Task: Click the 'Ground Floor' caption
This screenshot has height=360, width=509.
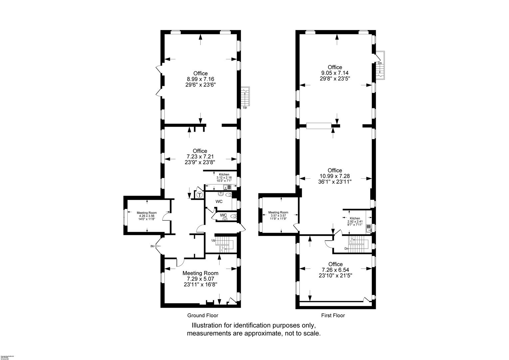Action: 203,315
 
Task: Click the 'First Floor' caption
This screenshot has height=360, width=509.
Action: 333,315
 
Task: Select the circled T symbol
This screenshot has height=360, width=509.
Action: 200,195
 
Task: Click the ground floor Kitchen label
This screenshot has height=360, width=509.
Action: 224,175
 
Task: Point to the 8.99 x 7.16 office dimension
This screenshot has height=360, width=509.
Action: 200,79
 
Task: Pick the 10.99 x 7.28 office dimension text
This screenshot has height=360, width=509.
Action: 335,176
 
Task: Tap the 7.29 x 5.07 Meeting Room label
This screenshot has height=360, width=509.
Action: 200,279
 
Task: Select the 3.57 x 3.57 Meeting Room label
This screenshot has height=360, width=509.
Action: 278,216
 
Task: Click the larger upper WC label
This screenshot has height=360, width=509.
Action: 219,202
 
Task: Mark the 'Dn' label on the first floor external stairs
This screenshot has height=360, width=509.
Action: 380,63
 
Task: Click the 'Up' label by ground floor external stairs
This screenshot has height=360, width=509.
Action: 245,108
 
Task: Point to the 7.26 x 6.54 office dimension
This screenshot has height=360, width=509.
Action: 335,270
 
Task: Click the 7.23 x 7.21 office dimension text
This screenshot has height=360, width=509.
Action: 200,157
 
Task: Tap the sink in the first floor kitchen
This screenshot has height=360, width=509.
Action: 369,228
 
